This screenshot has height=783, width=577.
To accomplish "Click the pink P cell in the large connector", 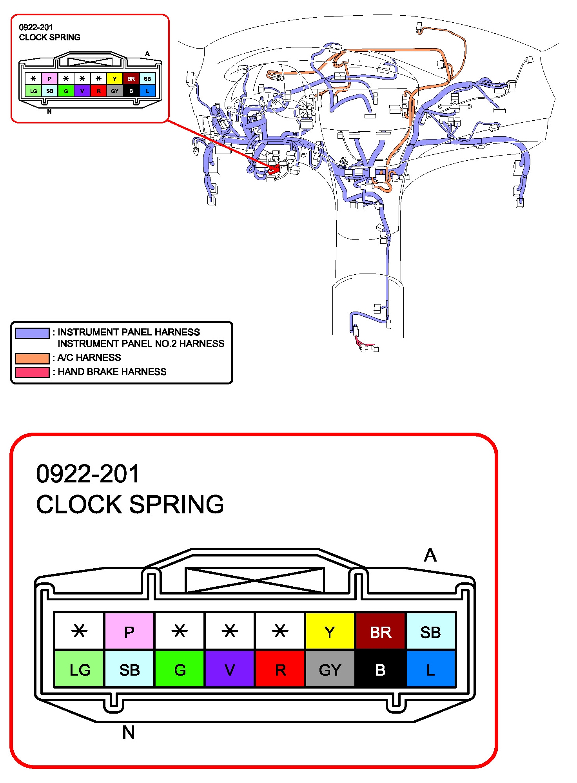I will click(129, 631).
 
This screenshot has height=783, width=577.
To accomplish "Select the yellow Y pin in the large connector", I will click(330, 631).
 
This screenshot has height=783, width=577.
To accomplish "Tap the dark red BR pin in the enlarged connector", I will click(380, 631).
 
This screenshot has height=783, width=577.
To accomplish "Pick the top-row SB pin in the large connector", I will click(430, 631).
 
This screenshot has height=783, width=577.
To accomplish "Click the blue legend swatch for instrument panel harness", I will click(32, 333).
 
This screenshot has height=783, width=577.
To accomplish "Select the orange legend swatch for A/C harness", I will click(32, 358).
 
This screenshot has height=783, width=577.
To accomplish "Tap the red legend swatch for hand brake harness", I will click(32, 372).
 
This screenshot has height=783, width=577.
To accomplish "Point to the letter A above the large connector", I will click(430, 555).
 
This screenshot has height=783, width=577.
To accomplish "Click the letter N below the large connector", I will click(128, 732).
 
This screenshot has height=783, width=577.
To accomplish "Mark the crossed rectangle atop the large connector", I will click(254, 580).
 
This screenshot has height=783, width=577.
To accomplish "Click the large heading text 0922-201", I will click(88, 474).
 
